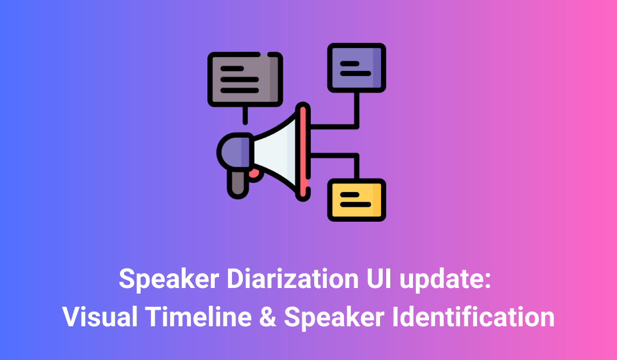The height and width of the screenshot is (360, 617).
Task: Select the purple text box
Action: pos(356,67)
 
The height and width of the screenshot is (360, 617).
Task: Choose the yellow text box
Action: pos(356,199)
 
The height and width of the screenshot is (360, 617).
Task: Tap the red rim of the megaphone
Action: pos(303,152)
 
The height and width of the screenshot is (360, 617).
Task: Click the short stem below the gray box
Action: pos(245,115)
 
